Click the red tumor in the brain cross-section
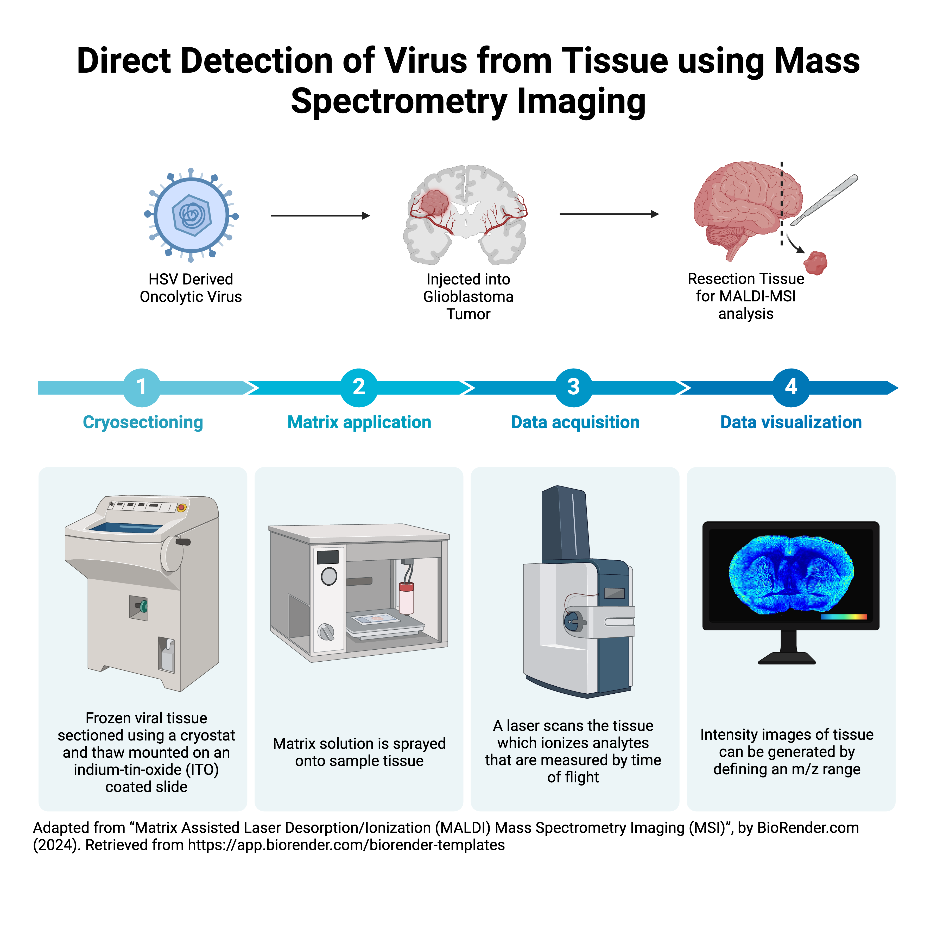[434, 202]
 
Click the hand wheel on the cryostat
[172, 553]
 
